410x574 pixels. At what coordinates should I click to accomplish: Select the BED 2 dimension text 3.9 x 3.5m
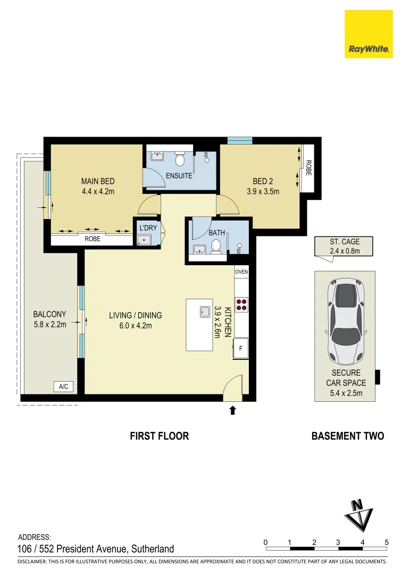(263, 192)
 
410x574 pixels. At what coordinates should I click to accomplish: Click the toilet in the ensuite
(180, 159)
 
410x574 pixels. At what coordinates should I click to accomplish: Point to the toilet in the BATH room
(216, 246)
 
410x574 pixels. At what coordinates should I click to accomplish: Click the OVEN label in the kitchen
(241, 272)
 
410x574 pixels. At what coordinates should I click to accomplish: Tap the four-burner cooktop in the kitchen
(241, 303)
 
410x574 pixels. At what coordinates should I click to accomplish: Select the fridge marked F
(241, 349)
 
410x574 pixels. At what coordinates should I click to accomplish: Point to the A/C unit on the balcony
(63, 386)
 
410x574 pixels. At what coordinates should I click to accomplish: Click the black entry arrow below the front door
(232, 410)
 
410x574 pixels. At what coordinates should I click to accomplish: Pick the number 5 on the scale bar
(387, 542)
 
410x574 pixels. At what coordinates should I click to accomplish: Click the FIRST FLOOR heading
(159, 436)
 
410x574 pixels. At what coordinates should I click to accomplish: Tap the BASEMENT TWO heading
(347, 436)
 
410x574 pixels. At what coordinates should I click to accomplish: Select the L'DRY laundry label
(148, 228)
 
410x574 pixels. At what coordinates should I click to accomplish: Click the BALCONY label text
(49, 314)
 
